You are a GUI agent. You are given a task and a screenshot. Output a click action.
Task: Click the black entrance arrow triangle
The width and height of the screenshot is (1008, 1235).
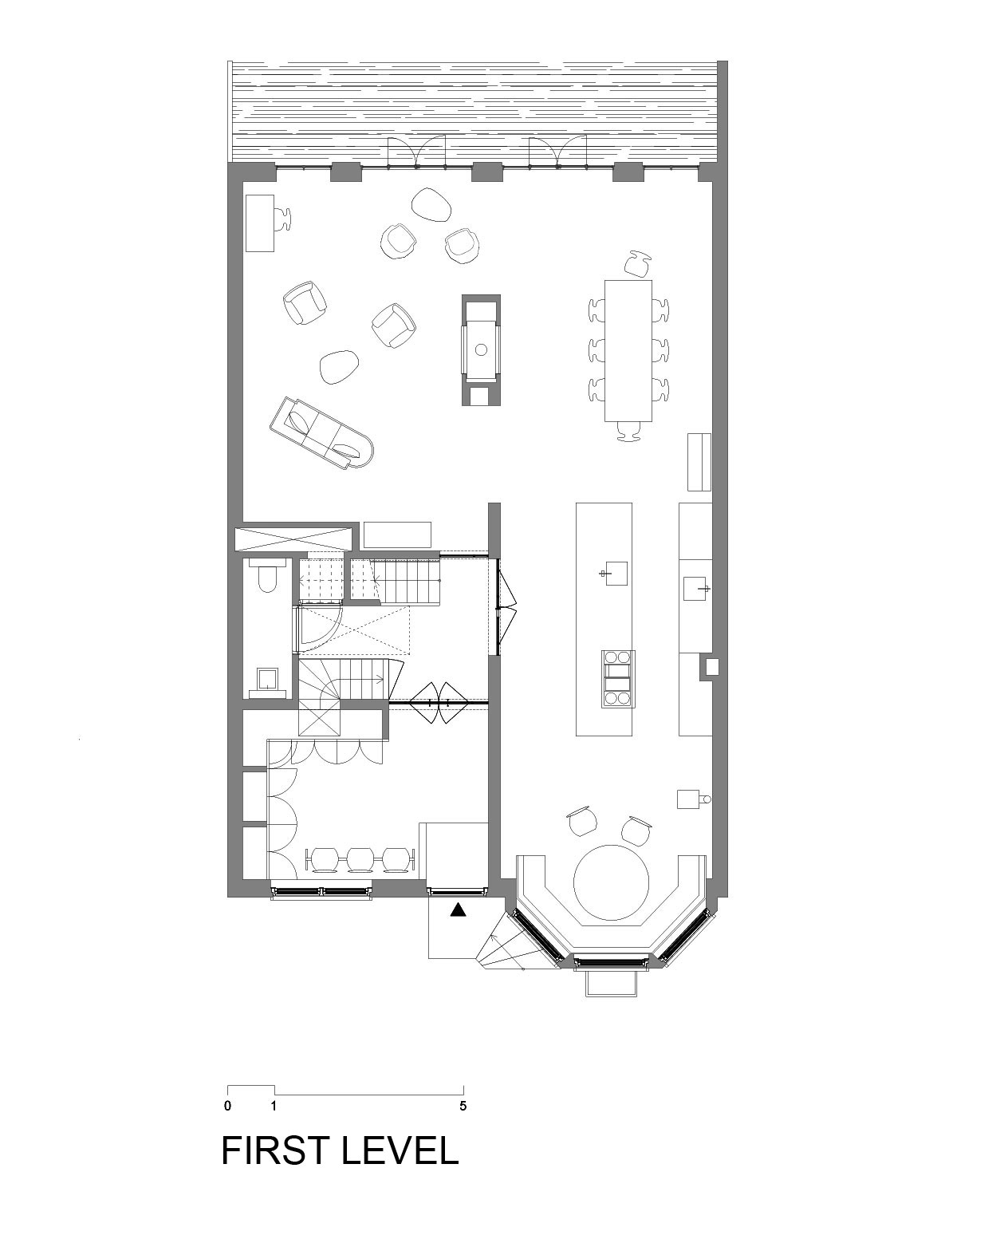pos(459,910)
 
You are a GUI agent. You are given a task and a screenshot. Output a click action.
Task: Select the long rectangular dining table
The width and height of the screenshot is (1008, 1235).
pos(628,351)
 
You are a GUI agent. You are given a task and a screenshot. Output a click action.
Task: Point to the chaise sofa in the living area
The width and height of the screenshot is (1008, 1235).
pos(322,432)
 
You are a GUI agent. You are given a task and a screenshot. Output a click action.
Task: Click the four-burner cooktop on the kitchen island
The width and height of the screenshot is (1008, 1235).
pos(618,679)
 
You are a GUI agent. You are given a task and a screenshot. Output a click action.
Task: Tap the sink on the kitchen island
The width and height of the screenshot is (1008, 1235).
pos(615,574)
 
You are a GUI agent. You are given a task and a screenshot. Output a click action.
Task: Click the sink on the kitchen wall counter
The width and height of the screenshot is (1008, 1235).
pos(696,588)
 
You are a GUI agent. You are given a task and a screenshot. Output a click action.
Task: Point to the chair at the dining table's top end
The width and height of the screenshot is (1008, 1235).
pos(637,263)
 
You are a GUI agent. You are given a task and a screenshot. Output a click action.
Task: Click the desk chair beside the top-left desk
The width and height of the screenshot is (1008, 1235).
pos(283,219)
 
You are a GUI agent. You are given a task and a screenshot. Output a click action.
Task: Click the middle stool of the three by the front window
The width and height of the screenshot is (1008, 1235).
pos(360,859)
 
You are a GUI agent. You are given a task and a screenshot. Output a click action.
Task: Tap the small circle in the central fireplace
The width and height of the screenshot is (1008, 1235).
pos(481,349)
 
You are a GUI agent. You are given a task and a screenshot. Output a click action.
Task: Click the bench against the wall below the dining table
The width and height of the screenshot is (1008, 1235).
pos(699,462)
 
